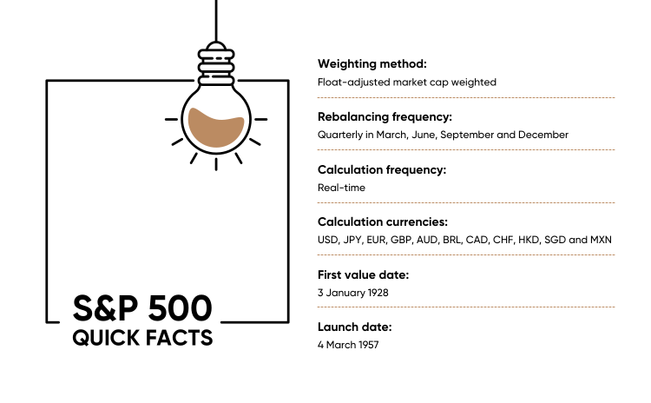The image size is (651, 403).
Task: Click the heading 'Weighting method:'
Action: (x=372, y=64)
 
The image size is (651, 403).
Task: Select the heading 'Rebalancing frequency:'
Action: (x=385, y=117)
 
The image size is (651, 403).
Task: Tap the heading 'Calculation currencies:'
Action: (x=383, y=221)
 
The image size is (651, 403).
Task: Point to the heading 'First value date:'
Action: (x=364, y=274)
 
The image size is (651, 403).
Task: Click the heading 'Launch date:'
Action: (x=354, y=327)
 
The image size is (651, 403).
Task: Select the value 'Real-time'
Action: (x=341, y=188)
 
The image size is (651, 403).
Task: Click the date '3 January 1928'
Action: (x=353, y=293)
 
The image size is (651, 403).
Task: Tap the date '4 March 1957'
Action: (x=348, y=345)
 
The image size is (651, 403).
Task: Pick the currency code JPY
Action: (x=352, y=240)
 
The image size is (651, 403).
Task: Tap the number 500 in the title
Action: (x=181, y=308)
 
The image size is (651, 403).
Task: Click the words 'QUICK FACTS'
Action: (x=142, y=338)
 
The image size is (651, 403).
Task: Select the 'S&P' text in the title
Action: (x=105, y=308)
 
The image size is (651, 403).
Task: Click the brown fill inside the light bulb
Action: (x=216, y=128)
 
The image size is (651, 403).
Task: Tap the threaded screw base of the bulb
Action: (x=216, y=66)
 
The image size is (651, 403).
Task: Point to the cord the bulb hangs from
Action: (x=216, y=21)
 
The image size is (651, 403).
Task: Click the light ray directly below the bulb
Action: (x=216, y=164)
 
